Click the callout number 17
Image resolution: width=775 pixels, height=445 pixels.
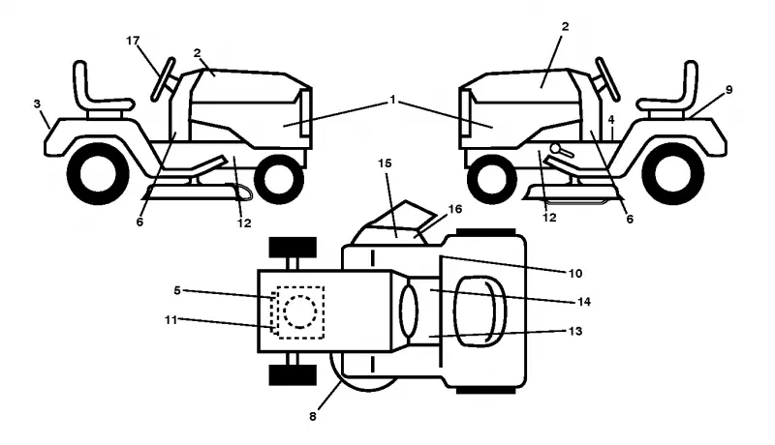(133, 41)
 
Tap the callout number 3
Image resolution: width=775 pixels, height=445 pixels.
(37, 104)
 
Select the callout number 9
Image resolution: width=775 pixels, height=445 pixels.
(729, 90)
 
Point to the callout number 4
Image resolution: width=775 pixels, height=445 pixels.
(611, 120)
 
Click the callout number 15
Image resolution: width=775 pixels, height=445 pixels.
(385, 163)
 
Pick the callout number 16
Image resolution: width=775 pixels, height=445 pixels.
(454, 209)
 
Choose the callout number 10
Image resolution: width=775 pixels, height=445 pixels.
(575, 274)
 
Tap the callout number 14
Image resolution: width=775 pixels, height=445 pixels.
(584, 302)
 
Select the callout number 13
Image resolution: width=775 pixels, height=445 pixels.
(575, 331)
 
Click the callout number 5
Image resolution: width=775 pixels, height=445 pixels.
(177, 290)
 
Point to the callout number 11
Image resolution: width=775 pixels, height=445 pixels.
(170, 320)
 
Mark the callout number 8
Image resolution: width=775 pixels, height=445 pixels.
(312, 417)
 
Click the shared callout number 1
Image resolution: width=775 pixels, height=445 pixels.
(392, 101)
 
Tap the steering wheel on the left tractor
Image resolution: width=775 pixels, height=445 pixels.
(163, 80)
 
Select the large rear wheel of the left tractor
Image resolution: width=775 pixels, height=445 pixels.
(98, 174)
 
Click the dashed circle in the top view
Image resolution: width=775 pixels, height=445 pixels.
(299, 311)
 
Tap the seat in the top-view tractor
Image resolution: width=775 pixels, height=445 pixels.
(480, 311)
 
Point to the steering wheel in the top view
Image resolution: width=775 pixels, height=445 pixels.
(409, 311)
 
